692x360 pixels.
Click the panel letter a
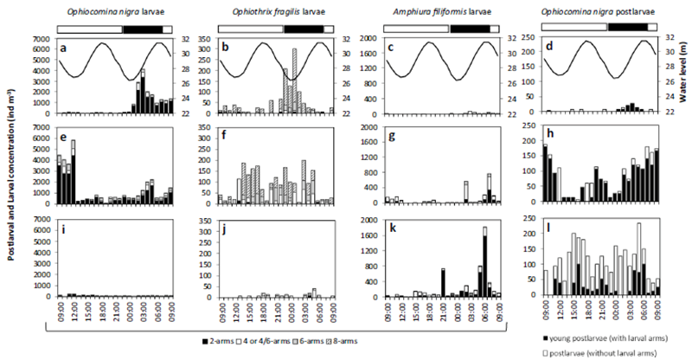(x=63, y=49)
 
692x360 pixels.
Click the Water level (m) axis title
(x=683, y=74)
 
